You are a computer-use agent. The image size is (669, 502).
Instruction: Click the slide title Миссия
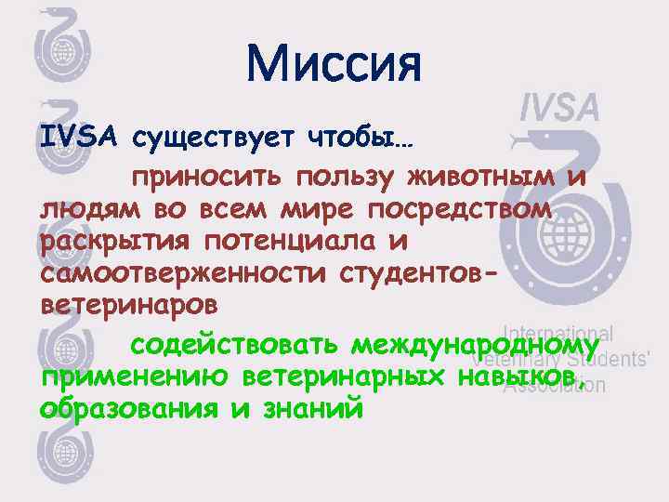334,63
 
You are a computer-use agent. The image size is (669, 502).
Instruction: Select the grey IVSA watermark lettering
558,108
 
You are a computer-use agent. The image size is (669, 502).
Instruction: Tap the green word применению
134,377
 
